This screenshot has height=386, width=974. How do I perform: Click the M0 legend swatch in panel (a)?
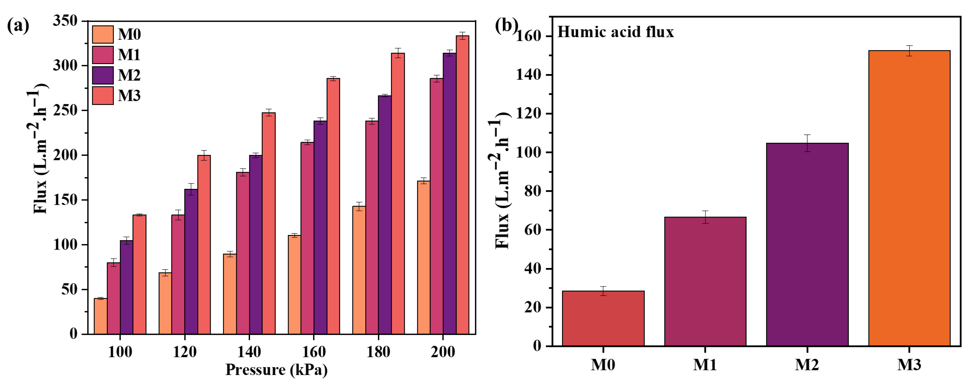click(102, 34)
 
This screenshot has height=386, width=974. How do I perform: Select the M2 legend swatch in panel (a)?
click(102, 75)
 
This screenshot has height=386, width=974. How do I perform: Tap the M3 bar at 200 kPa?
click(462, 185)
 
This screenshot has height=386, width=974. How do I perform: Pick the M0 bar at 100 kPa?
click(101, 316)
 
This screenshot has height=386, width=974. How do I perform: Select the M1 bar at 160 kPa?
click(307, 238)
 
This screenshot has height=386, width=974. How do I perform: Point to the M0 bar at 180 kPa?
click(359, 270)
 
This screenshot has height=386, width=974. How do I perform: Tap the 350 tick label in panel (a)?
click(65, 21)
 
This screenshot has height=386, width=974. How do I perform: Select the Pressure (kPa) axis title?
click(276, 370)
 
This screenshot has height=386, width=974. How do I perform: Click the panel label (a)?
click(18, 26)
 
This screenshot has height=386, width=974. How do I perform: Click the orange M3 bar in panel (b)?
click(909, 198)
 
